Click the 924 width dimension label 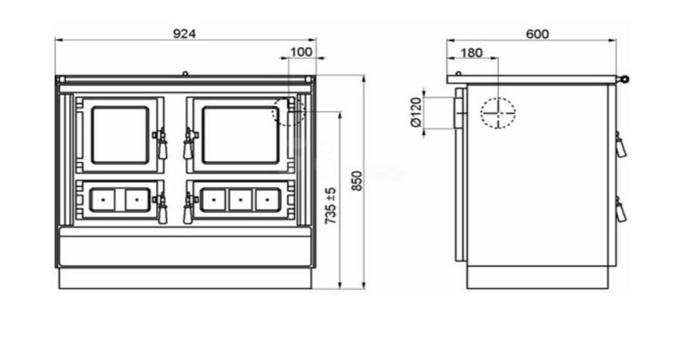coord(184,34)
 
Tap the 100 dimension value coord(301,52)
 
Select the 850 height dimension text coord(357,181)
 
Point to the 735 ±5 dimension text coord(331,206)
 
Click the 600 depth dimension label coord(537,34)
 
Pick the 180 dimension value coord(472,53)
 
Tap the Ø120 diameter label coord(417,113)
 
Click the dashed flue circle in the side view coord(498,96)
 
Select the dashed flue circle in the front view coord(272,111)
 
